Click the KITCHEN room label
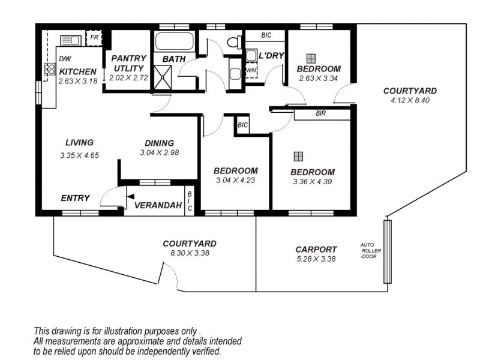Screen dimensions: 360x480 click(x=77, y=71)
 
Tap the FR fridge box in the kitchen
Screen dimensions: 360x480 click(x=94, y=38)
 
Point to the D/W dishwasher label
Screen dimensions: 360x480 click(x=65, y=59)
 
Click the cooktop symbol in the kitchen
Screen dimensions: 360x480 click(x=49, y=71)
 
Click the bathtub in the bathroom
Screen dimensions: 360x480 click(x=174, y=43)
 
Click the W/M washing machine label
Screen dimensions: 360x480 click(x=252, y=70)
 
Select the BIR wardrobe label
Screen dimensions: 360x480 click(x=320, y=113)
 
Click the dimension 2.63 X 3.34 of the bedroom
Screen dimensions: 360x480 click(x=319, y=78)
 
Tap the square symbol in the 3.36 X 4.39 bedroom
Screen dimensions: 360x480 click(x=298, y=157)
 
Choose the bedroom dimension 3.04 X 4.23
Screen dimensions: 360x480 click(x=236, y=179)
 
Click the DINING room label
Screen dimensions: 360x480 click(x=159, y=143)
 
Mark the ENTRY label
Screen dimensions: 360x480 click(x=75, y=198)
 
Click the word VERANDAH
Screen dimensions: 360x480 click(x=158, y=206)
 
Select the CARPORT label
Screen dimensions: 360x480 click(x=316, y=249)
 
